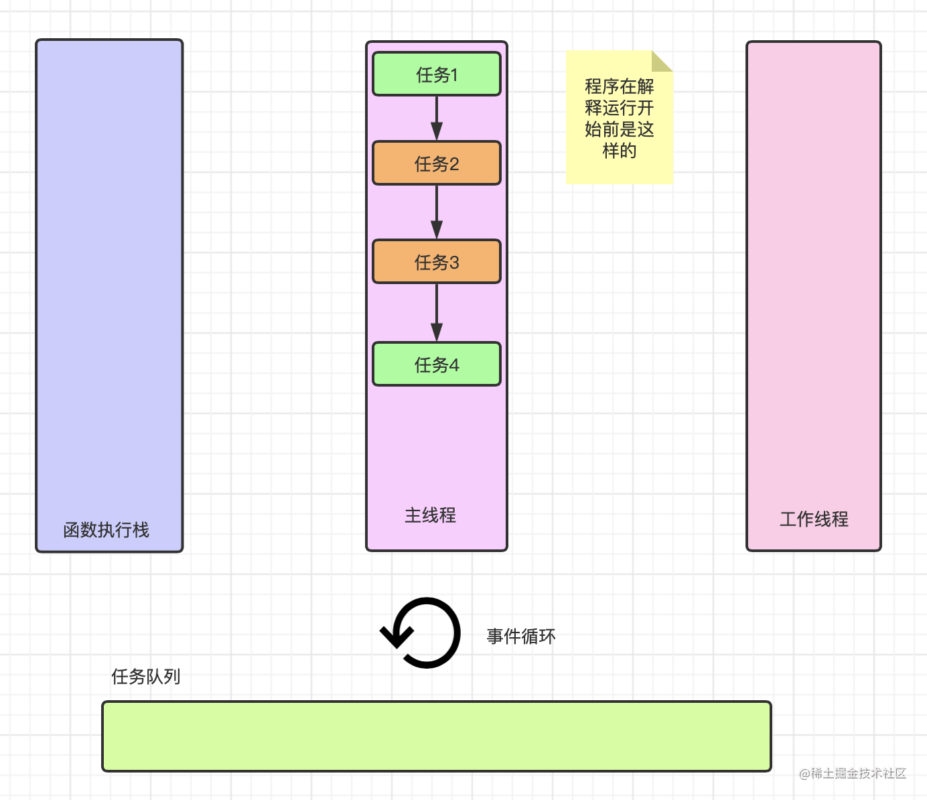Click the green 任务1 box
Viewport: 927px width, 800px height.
click(x=437, y=74)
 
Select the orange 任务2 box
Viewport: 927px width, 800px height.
click(x=437, y=163)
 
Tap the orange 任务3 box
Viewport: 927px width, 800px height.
click(x=437, y=261)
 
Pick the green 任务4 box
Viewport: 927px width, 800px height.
click(x=437, y=364)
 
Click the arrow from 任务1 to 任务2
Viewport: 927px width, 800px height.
click(x=437, y=118)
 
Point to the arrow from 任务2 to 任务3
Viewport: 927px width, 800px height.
click(x=437, y=212)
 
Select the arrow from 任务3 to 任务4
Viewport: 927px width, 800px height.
click(x=437, y=312)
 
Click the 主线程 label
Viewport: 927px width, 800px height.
click(x=430, y=515)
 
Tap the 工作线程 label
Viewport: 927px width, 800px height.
click(x=814, y=519)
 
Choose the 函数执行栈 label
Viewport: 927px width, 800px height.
click(x=106, y=530)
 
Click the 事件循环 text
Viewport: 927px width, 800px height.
click(x=521, y=636)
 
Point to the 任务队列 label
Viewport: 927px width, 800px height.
click(x=145, y=677)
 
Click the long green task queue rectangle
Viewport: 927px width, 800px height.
click(x=437, y=736)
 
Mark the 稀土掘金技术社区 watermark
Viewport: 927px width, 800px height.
click(x=853, y=773)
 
